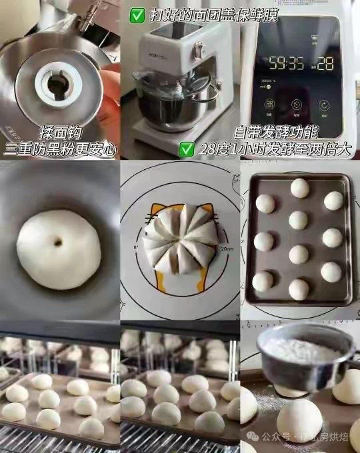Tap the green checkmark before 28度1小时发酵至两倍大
click(x=187, y=148)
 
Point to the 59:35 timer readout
click(x=286, y=64)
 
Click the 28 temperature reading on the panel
click(x=325, y=64)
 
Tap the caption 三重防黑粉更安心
click(x=60, y=149)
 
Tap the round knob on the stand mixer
click(x=197, y=51)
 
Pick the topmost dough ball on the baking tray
click(x=300, y=189)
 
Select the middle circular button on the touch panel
click(x=297, y=105)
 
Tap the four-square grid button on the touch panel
click(x=270, y=105)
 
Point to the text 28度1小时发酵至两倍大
click(x=274, y=148)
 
